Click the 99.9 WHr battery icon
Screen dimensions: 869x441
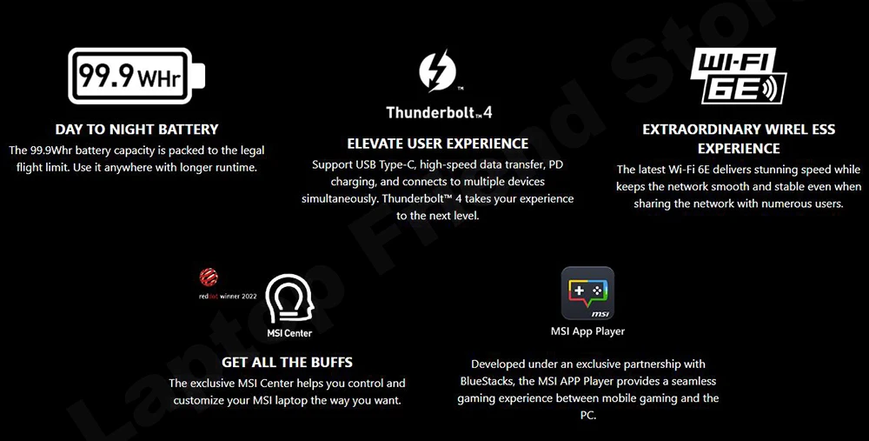point(136,76)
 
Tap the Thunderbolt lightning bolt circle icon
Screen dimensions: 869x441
point(437,70)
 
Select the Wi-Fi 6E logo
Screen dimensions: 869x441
point(738,76)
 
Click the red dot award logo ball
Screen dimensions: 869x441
point(209,277)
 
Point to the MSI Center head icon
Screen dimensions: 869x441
point(289,299)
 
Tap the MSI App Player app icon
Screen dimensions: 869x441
point(587,293)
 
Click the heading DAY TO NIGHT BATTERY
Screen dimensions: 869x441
point(137,130)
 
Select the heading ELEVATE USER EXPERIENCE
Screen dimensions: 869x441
point(438,144)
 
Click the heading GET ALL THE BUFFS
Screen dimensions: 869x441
point(287,362)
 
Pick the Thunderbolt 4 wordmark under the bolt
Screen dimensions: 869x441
point(439,112)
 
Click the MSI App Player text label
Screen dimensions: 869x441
point(587,331)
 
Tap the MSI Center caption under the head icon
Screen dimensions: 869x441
point(289,333)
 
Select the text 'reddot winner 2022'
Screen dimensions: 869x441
point(228,297)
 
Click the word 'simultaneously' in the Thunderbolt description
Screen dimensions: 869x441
point(339,198)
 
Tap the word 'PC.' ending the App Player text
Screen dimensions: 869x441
point(588,415)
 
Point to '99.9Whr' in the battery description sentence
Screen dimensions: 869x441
point(48,150)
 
